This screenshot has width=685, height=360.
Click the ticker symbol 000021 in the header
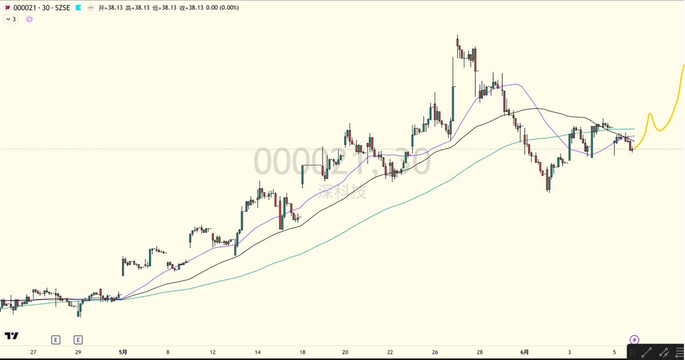pos(25,7)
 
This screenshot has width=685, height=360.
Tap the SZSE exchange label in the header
pos(62,7)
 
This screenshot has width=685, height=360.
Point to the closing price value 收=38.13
pos(191,7)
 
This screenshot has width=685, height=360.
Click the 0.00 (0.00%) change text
pos(222,7)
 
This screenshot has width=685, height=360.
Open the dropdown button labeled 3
pos(11,19)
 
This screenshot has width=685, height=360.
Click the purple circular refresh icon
pos(29,19)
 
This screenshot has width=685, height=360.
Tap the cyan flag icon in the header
pos(79,7)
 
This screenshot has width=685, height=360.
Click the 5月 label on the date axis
pos(123,352)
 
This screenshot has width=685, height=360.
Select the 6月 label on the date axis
pos(525,352)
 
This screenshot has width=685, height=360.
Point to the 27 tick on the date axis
pos(33,352)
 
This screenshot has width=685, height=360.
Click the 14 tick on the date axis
pos(257,352)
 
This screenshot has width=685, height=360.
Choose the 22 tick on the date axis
pos(390,352)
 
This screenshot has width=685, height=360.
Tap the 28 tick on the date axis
pos(479,352)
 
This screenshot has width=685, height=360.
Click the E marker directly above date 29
pos(78,339)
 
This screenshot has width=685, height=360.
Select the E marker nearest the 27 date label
pos(55,339)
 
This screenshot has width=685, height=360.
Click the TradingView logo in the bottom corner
pos(11,336)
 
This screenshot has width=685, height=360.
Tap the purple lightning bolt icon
pos(634,339)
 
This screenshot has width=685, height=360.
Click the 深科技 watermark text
pos(342,191)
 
